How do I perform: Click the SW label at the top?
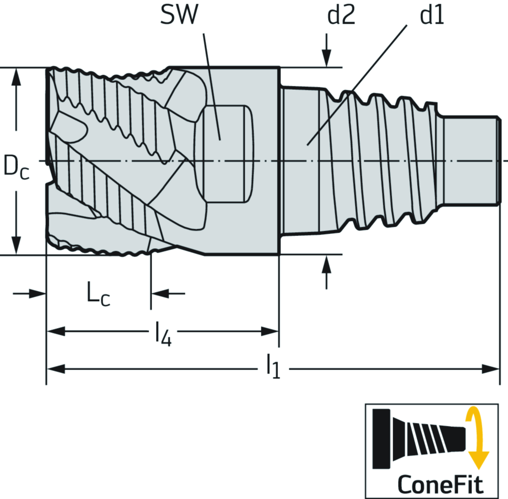tap(179, 16)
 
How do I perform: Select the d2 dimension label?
tap(341, 16)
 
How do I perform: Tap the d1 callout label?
tap(432, 16)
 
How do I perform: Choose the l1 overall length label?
tap(273, 368)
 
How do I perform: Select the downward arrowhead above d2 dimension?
tap(327, 58)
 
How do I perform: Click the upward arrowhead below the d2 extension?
tap(327, 264)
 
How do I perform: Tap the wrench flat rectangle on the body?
tap(226, 154)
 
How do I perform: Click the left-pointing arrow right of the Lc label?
tap(160, 293)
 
